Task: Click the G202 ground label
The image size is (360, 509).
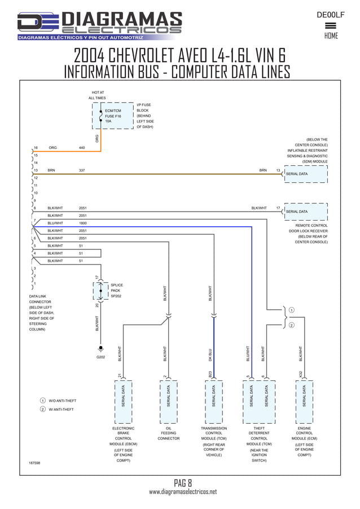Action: coord(101,357)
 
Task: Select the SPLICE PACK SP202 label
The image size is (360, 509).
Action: coord(116,291)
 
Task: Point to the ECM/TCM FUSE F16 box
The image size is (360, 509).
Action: coord(113,116)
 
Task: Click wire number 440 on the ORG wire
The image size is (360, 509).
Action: coord(82,148)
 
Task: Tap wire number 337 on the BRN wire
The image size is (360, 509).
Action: coord(82,170)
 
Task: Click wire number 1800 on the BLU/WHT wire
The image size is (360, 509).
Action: coord(83,223)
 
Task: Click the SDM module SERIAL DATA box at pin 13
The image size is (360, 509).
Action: coord(306,174)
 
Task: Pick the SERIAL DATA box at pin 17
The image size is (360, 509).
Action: coord(306,212)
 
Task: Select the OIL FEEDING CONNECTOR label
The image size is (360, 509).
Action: coord(168,433)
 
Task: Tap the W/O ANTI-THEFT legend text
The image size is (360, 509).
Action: coord(62,401)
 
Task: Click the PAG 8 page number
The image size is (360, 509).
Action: coord(183,482)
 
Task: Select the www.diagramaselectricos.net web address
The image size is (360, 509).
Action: coord(182,492)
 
